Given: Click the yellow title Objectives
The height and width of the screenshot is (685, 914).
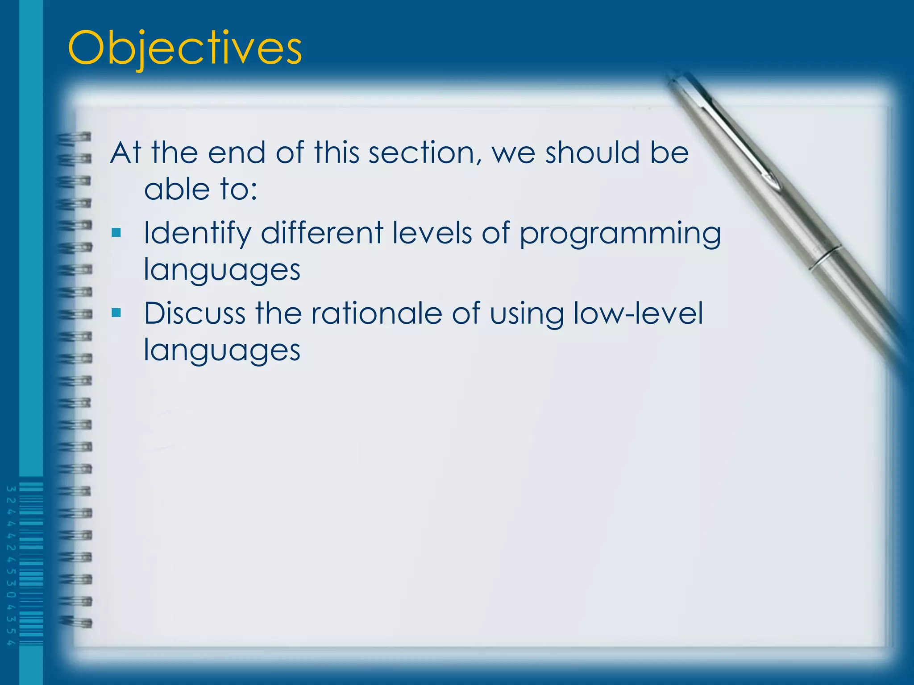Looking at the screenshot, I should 185,48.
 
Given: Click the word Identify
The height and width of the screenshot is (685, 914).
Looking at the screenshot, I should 196,234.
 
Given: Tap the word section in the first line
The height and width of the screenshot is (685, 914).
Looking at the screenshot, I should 426,153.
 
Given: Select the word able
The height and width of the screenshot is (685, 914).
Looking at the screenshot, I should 177,189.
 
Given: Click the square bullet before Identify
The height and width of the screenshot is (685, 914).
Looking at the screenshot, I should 116,232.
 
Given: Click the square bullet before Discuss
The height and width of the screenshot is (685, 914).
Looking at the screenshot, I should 116,313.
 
